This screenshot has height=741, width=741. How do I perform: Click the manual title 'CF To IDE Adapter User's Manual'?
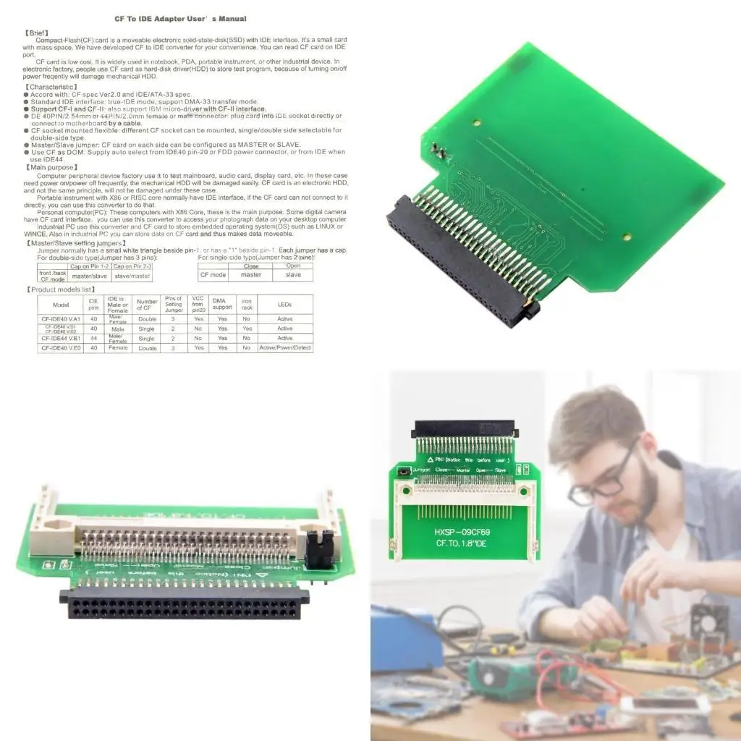[x=182, y=18]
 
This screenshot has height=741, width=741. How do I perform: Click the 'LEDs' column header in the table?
[x=285, y=304]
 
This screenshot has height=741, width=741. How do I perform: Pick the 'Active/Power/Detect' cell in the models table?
[x=285, y=348]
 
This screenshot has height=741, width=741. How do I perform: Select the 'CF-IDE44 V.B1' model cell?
[x=61, y=338]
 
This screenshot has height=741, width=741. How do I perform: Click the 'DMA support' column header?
[x=222, y=304]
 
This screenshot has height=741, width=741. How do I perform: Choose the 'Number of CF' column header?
[x=147, y=304]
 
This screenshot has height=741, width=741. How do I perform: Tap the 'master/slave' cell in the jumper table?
[x=89, y=276]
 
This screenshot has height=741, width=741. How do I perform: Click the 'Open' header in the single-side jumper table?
[x=293, y=266]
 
